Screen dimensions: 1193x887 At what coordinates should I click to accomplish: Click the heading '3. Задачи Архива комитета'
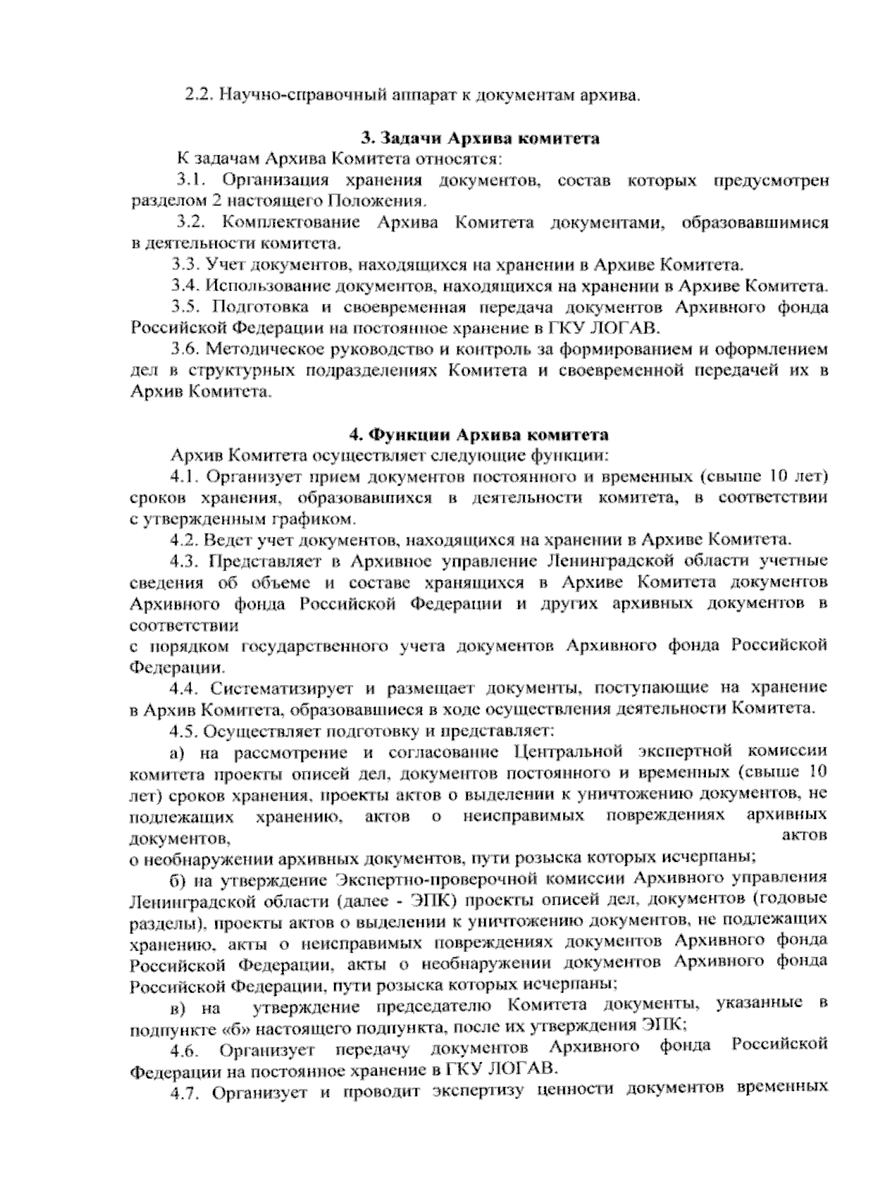480,138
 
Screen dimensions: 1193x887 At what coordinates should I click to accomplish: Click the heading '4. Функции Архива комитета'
479,434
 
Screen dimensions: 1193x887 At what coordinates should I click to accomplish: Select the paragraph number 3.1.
189,180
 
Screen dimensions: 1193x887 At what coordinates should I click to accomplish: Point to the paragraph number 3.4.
186,286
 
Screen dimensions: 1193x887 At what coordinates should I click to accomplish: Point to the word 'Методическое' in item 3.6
264,349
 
